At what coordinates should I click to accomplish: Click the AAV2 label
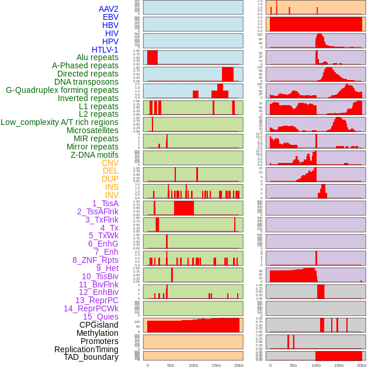point(108,9)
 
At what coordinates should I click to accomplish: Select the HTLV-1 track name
point(105,50)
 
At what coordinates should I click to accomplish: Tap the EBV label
point(110,17)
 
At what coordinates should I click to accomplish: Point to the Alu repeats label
point(97,57)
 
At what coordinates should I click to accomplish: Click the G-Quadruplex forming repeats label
point(62,90)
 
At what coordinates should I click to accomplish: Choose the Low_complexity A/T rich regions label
point(59,122)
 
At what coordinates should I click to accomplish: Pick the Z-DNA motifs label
point(94,155)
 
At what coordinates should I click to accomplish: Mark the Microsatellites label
point(92,130)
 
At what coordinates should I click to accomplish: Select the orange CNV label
point(110,163)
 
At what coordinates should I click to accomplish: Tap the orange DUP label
point(110,179)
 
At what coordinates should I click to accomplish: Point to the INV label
point(112,195)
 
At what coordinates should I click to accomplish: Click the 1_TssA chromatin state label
point(105,203)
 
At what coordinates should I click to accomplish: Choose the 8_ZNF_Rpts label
point(95,260)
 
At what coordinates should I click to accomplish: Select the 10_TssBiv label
point(100,276)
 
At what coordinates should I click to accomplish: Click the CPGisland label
point(99,325)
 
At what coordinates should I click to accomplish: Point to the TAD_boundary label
point(91,357)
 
